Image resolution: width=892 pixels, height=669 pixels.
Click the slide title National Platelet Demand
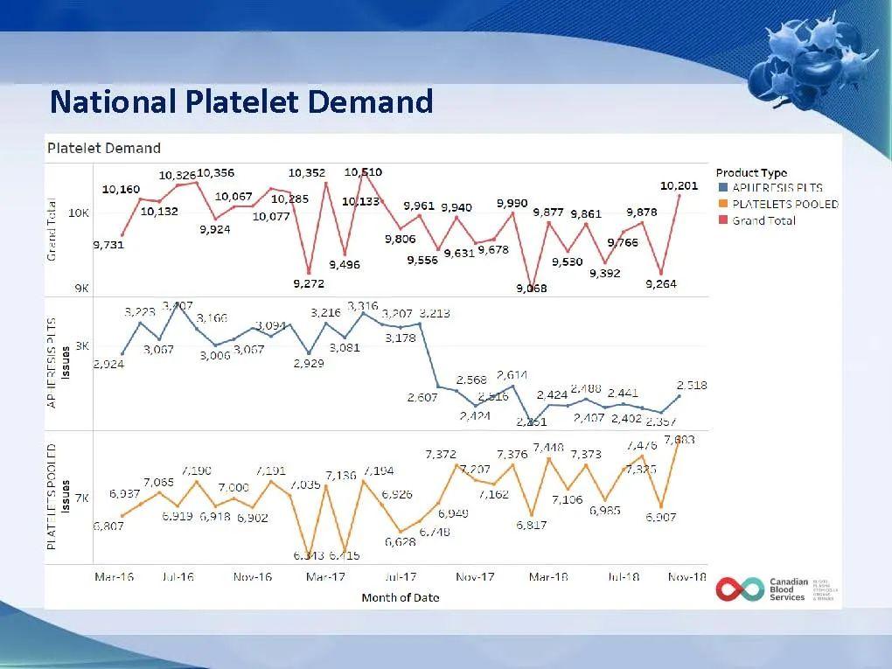click(241, 102)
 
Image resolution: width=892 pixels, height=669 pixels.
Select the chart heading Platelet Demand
click(103, 148)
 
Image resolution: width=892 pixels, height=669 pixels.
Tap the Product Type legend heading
click(751, 173)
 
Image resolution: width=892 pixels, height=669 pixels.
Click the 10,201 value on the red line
click(679, 185)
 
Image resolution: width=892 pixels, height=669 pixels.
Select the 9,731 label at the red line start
click(108, 245)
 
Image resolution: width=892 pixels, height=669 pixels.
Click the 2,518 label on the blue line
click(691, 385)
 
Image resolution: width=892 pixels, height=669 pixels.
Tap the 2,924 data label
click(108, 364)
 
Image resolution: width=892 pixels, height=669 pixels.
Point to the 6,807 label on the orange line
click(108, 526)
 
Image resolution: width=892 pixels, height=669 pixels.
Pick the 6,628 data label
click(400, 541)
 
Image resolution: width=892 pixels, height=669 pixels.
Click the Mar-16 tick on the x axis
click(114, 577)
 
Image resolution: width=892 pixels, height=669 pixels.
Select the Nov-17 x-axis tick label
click(475, 577)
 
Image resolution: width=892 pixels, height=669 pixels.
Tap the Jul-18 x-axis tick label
click(623, 577)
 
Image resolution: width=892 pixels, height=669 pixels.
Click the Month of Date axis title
click(401, 597)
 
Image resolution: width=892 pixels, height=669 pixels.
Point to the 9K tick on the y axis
click(80, 288)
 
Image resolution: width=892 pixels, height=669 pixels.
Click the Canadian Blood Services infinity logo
click(737, 589)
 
